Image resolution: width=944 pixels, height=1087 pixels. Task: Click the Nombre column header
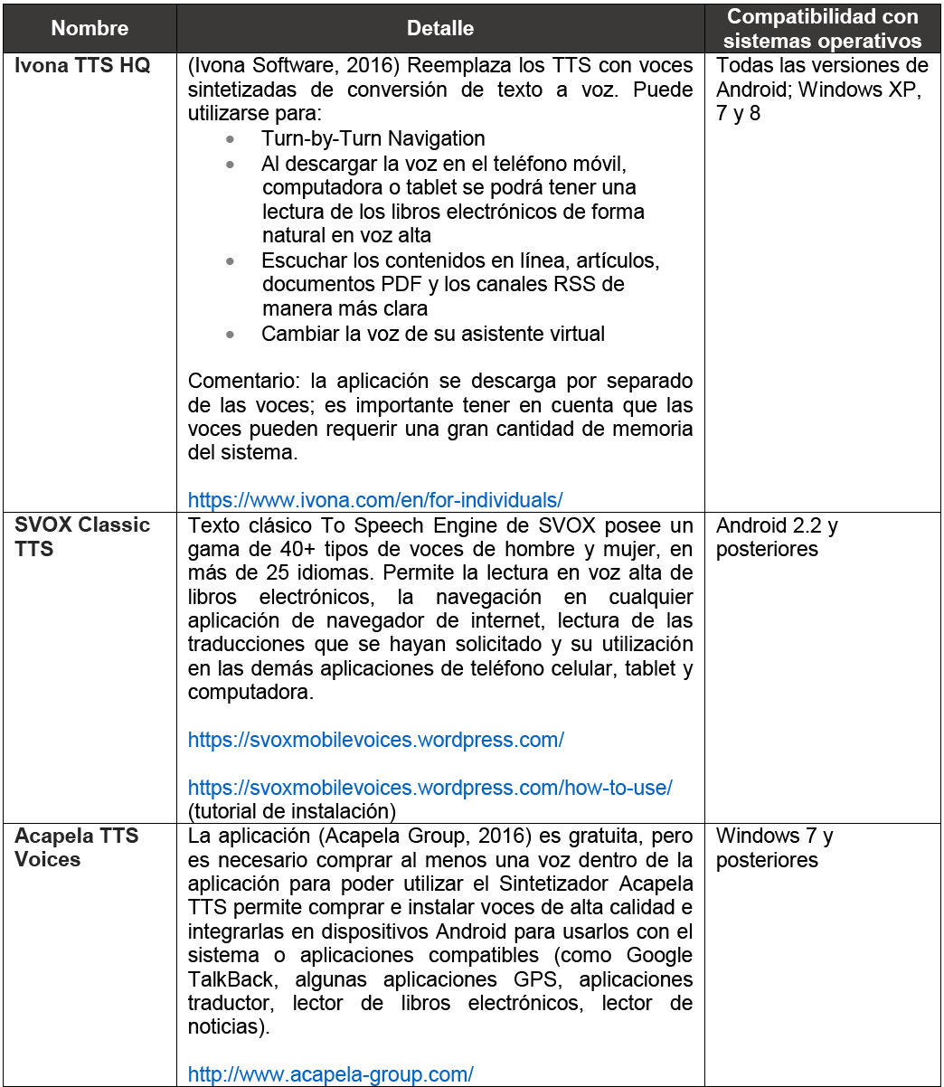click(x=90, y=29)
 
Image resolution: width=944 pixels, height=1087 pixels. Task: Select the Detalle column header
click(x=440, y=29)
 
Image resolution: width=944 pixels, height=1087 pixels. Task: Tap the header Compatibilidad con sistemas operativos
click(x=822, y=29)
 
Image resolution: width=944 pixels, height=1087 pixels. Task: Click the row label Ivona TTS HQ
click(x=82, y=66)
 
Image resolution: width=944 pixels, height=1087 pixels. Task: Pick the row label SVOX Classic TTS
click(x=81, y=537)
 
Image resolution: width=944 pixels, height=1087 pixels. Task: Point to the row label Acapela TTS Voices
click(x=76, y=847)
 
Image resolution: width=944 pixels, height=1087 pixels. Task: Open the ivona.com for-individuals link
click(x=375, y=499)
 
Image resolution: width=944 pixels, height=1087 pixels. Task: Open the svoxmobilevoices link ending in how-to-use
click(x=430, y=788)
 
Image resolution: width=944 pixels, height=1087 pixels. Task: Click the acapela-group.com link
click(x=330, y=1074)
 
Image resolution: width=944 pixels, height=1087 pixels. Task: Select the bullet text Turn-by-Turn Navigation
click(x=373, y=138)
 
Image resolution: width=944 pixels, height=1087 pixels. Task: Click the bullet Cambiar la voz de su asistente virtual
click(x=433, y=334)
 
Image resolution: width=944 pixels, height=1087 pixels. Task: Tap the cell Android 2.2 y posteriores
click(x=777, y=537)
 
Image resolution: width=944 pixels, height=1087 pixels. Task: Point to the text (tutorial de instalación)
click(x=292, y=811)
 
